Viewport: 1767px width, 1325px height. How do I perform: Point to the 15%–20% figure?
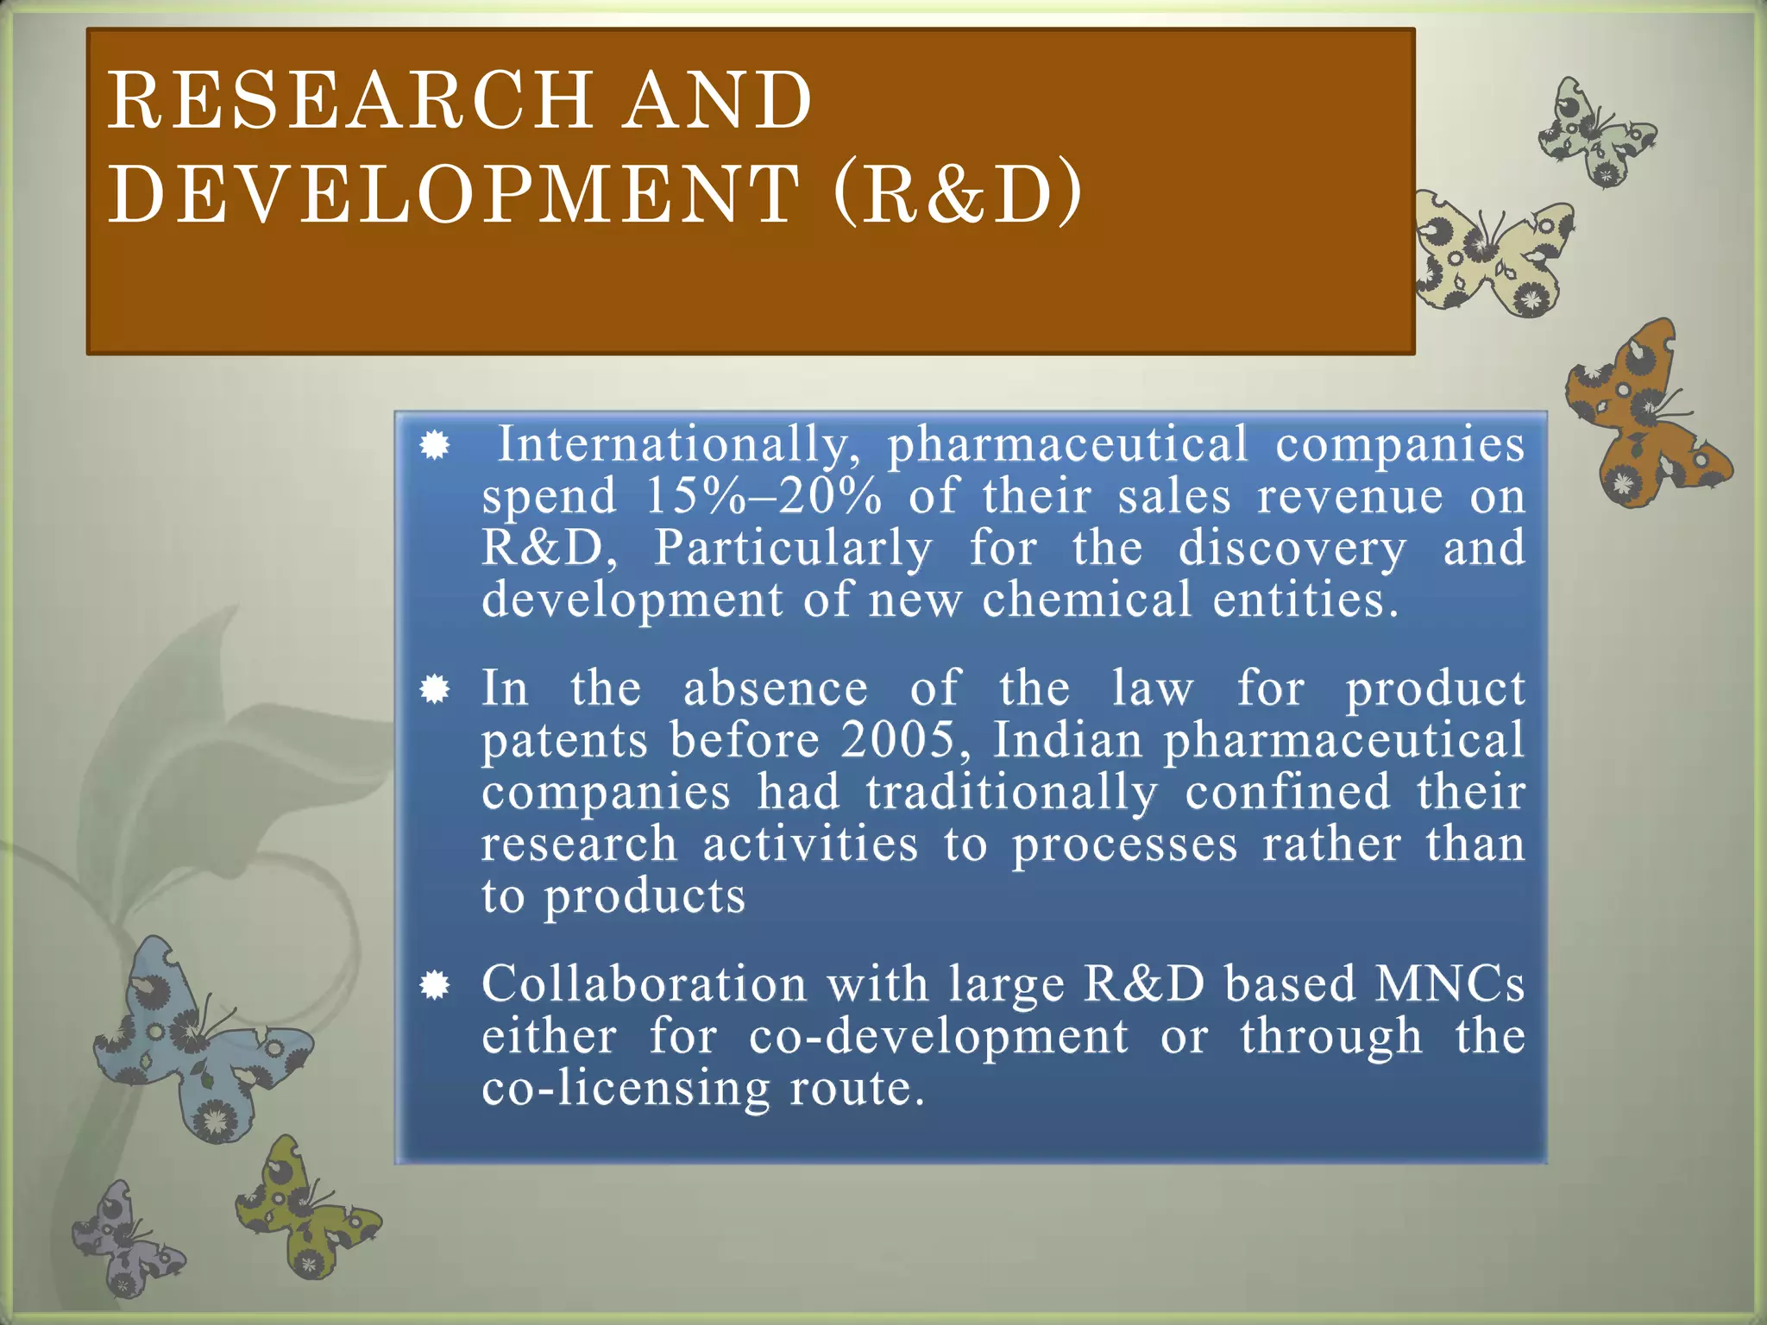(x=764, y=497)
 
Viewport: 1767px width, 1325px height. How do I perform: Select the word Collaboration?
(x=644, y=984)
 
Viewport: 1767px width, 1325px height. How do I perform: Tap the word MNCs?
(x=1449, y=984)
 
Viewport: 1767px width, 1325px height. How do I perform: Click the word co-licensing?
(x=625, y=1089)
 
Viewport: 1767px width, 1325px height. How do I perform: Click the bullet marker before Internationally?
(x=435, y=446)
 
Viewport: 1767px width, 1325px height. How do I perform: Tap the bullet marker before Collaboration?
(x=435, y=985)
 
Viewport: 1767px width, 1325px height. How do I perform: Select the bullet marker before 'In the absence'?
(x=435, y=689)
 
